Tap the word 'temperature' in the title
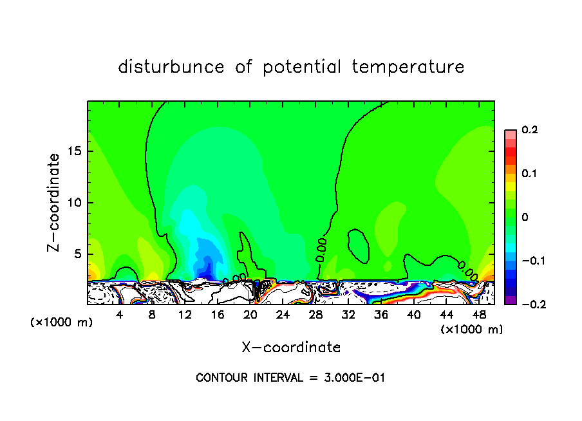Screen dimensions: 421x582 [x=408, y=67]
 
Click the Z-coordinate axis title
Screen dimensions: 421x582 [x=54, y=202]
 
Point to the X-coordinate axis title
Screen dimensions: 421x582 [x=291, y=348]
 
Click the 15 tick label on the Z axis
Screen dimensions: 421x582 [x=73, y=152]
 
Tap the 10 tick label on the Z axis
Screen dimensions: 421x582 [x=73, y=203]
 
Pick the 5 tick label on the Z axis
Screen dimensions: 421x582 [x=77, y=254]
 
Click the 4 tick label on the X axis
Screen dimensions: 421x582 [x=120, y=315]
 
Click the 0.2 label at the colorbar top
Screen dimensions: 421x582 [x=529, y=130]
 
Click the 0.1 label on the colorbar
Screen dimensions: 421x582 [x=529, y=174]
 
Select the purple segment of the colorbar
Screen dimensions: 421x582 [x=511, y=300]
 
